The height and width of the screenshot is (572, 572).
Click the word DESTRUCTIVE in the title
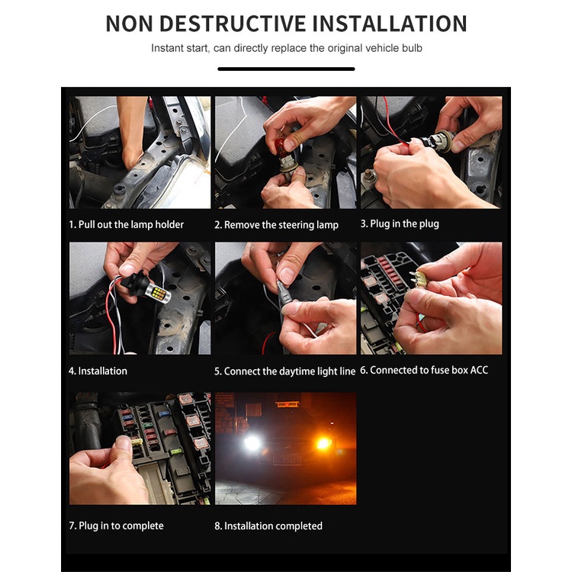(233, 24)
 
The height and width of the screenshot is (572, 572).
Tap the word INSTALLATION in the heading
(390, 24)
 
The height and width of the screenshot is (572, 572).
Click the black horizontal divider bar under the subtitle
(286, 69)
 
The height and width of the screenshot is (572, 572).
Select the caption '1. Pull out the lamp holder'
(126, 224)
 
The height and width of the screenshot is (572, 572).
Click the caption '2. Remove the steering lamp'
(277, 225)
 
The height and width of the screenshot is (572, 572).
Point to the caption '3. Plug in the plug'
(400, 223)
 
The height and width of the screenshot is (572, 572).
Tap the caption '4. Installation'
(98, 371)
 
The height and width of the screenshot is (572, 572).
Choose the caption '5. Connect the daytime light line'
(285, 371)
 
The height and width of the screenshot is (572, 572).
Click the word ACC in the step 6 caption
(479, 370)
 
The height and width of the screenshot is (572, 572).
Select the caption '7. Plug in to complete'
(117, 525)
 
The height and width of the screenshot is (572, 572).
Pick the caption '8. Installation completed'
(268, 526)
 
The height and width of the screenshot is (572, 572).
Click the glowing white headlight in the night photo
(252, 442)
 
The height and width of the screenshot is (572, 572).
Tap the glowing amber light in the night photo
(323, 443)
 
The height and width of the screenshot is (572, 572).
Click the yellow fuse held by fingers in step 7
(136, 442)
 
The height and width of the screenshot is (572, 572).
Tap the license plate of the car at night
(287, 460)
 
